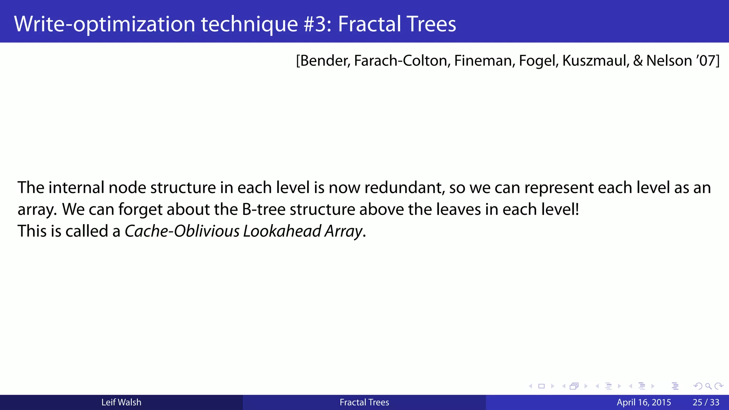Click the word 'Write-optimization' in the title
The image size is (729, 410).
pos(104,24)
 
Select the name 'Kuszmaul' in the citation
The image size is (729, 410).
pos(595,61)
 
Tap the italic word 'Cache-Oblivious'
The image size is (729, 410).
pos(182,231)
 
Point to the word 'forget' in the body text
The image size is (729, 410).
pos(141,209)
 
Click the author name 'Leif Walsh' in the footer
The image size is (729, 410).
pos(121,403)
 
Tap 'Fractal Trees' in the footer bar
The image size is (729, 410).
pos(364,403)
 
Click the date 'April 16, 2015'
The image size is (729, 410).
pos(644,403)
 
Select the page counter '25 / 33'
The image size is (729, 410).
pos(706,403)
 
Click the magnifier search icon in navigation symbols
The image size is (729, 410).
pos(708,386)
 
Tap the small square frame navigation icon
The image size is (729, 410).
pos(541,386)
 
